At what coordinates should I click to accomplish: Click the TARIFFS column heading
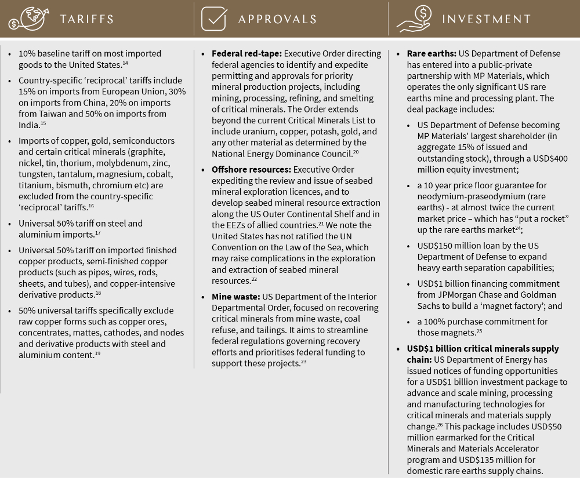(x=87, y=19)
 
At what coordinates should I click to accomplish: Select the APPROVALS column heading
(x=277, y=19)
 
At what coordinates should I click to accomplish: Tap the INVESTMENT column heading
(x=486, y=19)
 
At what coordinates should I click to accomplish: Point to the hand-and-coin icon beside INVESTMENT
(x=412, y=18)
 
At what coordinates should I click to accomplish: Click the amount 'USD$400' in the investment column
(x=550, y=158)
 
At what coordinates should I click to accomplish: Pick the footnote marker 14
(x=125, y=63)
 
